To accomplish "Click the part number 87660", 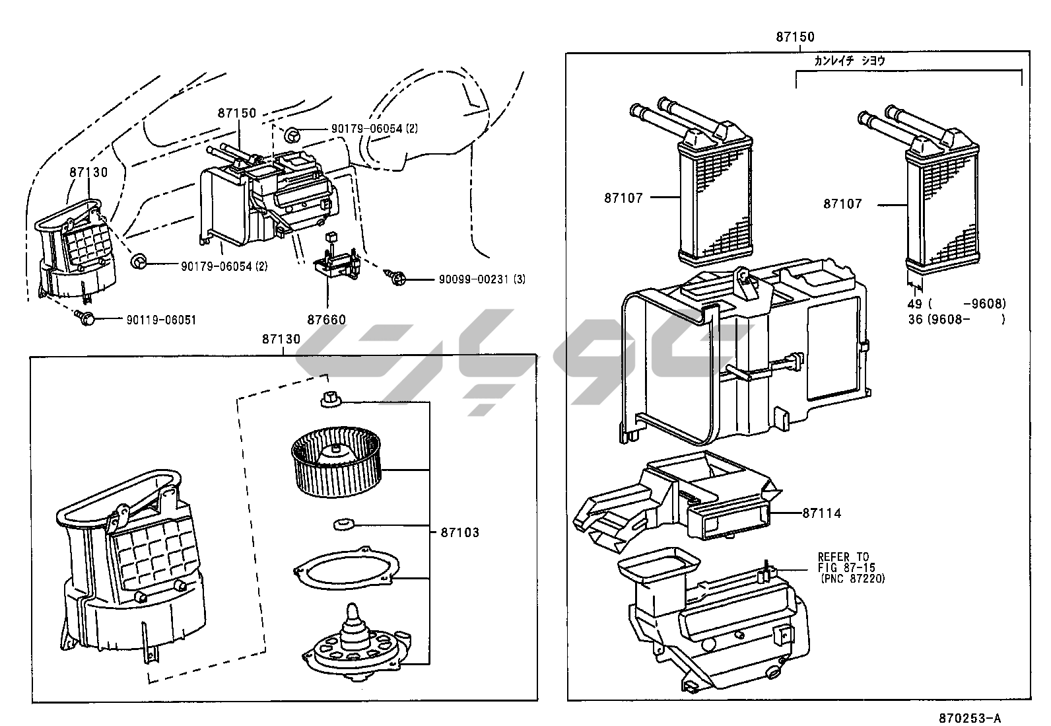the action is point(326,320).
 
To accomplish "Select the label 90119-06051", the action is point(161,320).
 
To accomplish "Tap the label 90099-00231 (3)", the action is point(482,279).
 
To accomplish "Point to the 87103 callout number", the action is point(459,532).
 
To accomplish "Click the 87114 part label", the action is point(821,513).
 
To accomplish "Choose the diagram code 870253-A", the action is point(970,719).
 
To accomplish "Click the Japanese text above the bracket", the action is point(850,61).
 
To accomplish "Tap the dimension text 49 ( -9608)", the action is point(957,304).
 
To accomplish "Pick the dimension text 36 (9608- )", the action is point(957,319).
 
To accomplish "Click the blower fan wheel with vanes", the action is point(336,462).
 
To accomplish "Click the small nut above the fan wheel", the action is point(331,400).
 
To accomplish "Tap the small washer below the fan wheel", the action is point(344,524).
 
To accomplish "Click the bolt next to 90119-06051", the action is point(85,318).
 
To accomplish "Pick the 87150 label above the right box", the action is point(795,36).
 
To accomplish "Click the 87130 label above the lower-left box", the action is point(281,339).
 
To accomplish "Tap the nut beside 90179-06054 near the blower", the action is point(138,261).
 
